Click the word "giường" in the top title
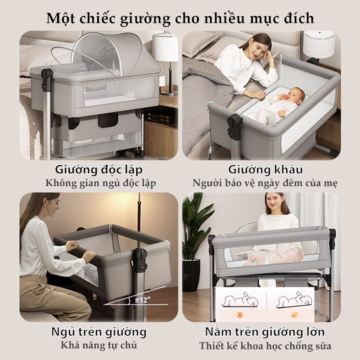click(x=145, y=18)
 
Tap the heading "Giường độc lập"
click(x=99, y=170)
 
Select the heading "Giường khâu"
click(x=265, y=170)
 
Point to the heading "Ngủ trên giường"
click(x=99, y=332)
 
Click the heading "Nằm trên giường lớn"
click(x=265, y=332)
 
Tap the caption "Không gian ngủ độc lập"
click(x=100, y=184)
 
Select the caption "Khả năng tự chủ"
click(x=99, y=345)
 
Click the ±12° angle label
click(x=142, y=300)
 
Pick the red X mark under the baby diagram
click(x=240, y=315)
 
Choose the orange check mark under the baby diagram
click(x=294, y=315)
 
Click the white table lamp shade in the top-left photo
click(x=165, y=48)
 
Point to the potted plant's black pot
click(x=191, y=275)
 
